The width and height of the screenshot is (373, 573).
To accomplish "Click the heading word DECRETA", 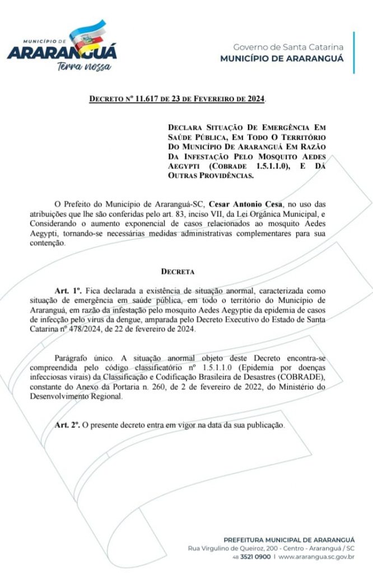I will pos(178,272).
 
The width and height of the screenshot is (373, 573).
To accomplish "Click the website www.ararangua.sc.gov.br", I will pos(316,557).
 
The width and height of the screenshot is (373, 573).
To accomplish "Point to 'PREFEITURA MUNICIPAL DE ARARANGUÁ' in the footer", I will pos(288,539).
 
